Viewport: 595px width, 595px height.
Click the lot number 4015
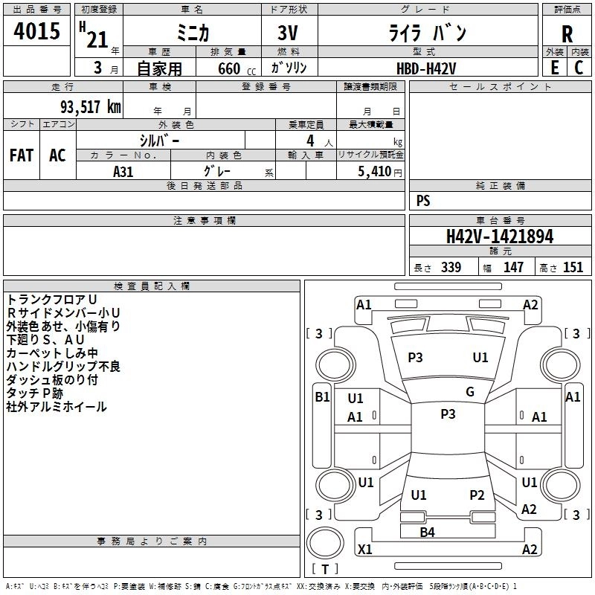pos(36,31)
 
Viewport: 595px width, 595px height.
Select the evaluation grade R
pos(567,34)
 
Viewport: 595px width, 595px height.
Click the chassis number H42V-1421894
pos(500,237)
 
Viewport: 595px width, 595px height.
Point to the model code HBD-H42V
pos(427,68)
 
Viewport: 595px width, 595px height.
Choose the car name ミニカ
pos(192,33)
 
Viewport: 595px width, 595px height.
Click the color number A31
pos(123,170)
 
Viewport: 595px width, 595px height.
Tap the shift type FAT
pos(22,155)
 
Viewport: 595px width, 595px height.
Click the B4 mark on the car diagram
pos(427,532)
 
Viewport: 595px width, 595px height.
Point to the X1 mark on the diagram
pos(365,550)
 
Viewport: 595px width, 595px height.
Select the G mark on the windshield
pos(470,392)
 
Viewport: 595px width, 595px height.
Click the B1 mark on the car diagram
pos(322,397)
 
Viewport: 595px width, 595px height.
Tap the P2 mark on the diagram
pos(477,495)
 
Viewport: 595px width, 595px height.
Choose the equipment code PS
pos(423,201)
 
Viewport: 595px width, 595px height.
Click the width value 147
pos(513,268)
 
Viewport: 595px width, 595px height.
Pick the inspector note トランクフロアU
pos(51,299)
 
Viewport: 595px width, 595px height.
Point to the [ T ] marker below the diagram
pos(325,569)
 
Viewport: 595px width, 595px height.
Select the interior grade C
pos(579,68)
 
